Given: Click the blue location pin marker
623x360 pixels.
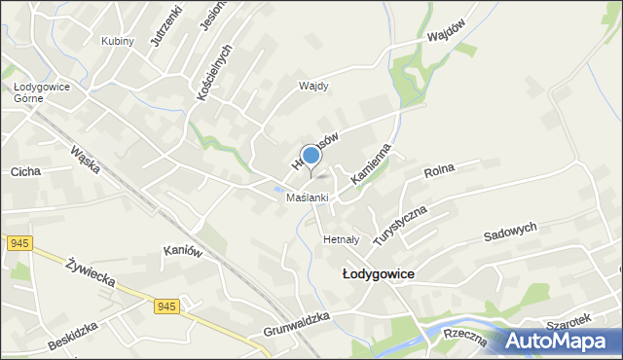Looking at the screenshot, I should coord(311,156).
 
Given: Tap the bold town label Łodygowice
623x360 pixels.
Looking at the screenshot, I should coord(379,274).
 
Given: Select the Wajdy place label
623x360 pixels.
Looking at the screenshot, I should coord(313,86).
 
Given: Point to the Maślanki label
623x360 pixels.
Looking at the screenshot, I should coord(307,198).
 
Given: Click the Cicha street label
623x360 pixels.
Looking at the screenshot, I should coord(24,172).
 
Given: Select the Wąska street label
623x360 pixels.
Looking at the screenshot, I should coord(85,160).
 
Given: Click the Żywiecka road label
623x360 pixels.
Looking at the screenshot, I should coord(92,273).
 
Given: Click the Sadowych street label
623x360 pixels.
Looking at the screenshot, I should coord(510,234).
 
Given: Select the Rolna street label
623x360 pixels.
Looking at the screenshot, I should coord(439,172).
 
